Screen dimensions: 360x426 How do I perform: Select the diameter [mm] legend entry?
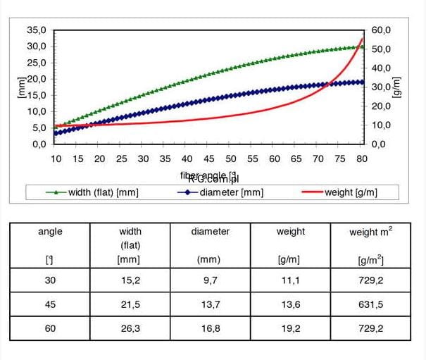coord(222,192)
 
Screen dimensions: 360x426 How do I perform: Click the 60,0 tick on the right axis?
coord(381,30)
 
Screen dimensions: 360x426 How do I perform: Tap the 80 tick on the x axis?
coord(363,159)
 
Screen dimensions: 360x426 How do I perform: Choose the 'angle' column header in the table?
coord(49,231)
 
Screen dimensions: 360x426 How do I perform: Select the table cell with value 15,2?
coord(130,280)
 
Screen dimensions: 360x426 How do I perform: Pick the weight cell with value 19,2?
coord(291,329)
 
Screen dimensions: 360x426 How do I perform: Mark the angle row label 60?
coord(49,329)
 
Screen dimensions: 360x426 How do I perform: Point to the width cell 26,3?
coord(130,329)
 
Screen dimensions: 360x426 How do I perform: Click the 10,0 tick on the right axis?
coord(381,125)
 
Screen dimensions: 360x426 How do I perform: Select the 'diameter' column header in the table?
coord(211,231)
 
